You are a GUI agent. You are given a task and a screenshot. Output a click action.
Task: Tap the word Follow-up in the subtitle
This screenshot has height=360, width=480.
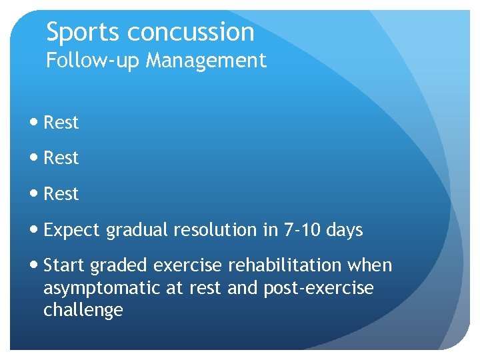click(93, 61)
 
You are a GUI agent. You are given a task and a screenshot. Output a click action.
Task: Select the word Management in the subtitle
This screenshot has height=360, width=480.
click(206, 61)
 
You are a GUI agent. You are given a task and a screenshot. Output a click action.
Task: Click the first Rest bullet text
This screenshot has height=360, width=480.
click(61, 123)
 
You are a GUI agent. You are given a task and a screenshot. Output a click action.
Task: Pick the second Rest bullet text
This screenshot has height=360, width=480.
click(61, 158)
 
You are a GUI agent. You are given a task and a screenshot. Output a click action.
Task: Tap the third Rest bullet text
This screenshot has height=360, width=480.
click(61, 194)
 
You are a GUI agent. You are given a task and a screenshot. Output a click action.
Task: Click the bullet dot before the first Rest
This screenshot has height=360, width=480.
click(35, 123)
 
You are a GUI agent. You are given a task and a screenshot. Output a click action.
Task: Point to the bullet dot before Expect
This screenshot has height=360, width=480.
click(35, 231)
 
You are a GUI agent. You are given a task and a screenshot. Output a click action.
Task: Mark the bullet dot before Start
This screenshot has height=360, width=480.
click(35, 266)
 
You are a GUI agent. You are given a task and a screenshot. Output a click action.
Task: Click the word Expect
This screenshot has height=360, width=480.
click(70, 231)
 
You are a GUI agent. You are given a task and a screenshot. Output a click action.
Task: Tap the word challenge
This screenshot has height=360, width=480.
click(83, 311)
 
